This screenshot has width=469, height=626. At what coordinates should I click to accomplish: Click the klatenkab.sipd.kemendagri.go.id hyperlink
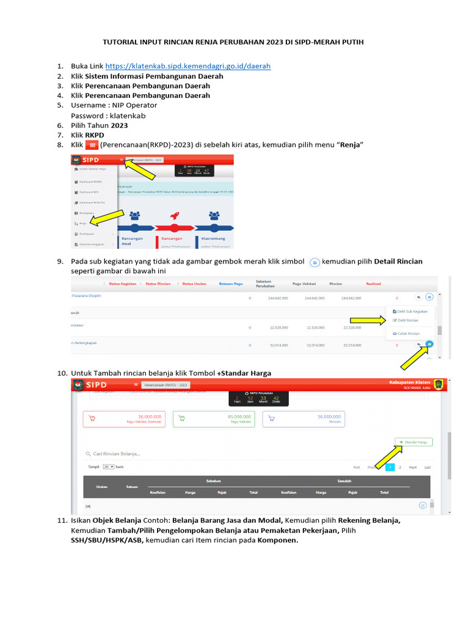pyautogui.click(x=187, y=66)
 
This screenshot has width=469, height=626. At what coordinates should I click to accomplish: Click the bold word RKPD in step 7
pyautogui.click(x=95, y=134)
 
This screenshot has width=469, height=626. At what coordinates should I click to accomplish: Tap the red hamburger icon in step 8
pyautogui.click(x=92, y=145)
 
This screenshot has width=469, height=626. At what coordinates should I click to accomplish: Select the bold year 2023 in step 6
pyautogui.click(x=119, y=125)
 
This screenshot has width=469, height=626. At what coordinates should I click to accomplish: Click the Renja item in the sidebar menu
pyautogui.click(x=84, y=223)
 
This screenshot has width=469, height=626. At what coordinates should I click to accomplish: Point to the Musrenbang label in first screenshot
pyautogui.click(x=214, y=238)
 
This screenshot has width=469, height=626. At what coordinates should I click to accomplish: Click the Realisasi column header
pyautogui.click(x=374, y=284)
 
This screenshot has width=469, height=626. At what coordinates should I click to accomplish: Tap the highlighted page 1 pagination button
pyautogui.click(x=390, y=467)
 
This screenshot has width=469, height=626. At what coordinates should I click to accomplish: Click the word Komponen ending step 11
pyautogui.click(x=278, y=540)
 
